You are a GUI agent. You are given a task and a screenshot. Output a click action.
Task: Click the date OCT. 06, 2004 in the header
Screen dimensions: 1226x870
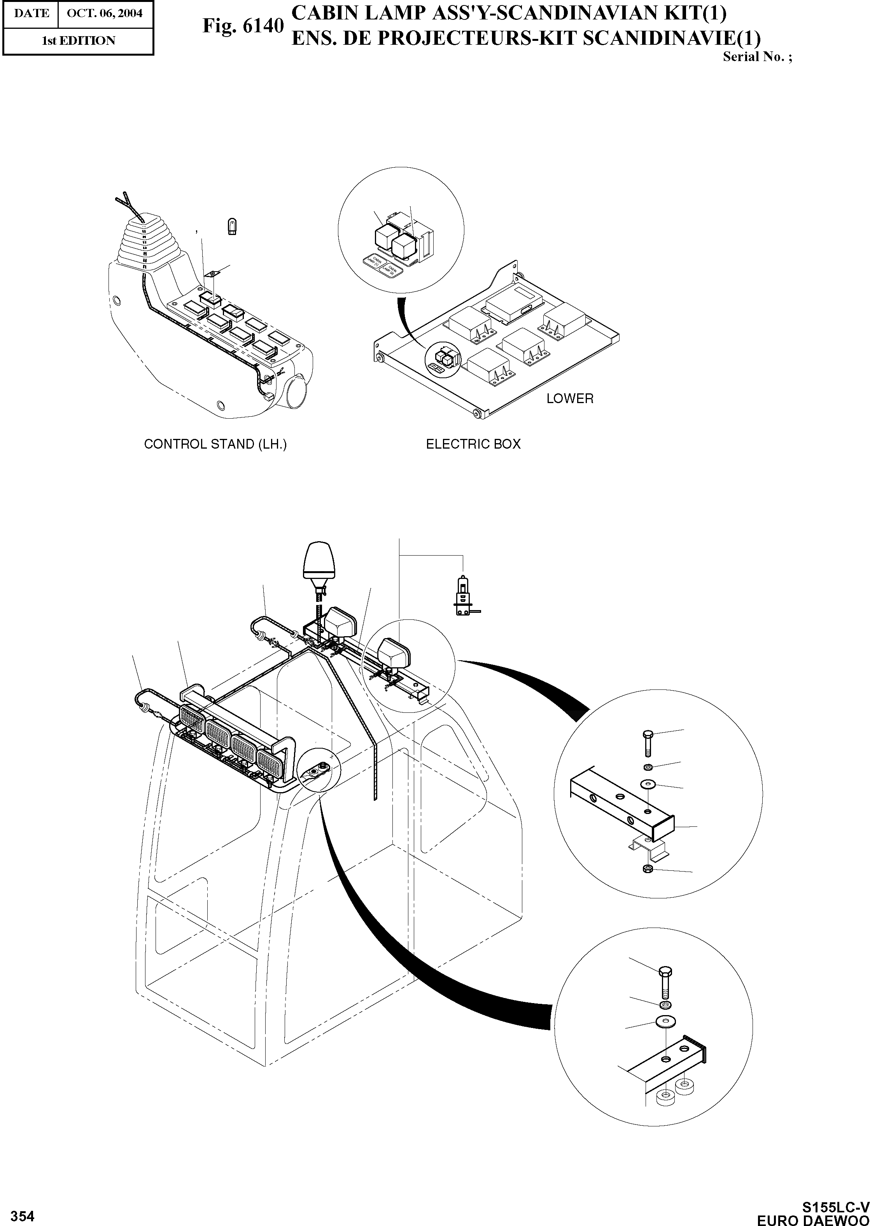pyautogui.click(x=105, y=13)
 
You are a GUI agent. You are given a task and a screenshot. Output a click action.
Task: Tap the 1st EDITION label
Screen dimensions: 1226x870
pyautogui.click(x=78, y=41)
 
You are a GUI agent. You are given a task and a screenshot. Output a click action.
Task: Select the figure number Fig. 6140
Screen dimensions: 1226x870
pyautogui.click(x=242, y=26)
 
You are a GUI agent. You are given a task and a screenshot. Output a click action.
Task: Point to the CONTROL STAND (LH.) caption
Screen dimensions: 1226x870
pyautogui.click(x=215, y=444)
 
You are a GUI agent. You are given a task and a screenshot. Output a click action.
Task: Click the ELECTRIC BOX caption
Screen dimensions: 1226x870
pyautogui.click(x=473, y=444)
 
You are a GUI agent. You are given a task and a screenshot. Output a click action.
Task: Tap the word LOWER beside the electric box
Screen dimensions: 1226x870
pyautogui.click(x=570, y=399)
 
